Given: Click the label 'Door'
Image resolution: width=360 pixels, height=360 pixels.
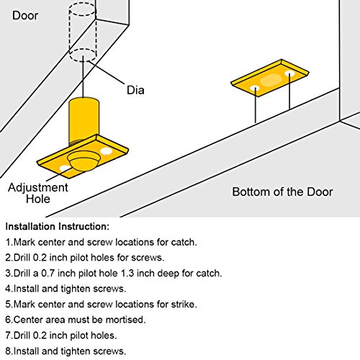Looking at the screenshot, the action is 25,16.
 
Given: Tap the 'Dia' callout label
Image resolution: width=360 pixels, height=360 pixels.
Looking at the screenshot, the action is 135,90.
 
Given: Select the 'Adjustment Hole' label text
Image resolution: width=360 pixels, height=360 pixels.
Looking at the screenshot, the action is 38,193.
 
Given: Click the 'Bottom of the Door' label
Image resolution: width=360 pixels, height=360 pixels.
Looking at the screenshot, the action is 282,192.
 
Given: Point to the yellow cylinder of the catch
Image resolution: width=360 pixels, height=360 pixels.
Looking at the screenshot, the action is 84,121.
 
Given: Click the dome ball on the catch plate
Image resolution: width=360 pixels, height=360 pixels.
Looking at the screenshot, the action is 84,161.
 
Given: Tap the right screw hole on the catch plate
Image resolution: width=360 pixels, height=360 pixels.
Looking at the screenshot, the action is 106,151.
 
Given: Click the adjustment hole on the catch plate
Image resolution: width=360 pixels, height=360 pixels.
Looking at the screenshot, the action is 65,168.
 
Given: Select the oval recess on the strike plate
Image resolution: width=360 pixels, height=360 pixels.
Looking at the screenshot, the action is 271,80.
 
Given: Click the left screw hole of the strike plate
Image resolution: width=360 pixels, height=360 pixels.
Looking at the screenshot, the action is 255,88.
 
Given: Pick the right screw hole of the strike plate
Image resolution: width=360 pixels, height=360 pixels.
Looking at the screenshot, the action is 289,73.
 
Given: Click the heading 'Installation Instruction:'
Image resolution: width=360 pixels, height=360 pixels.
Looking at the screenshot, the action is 58,227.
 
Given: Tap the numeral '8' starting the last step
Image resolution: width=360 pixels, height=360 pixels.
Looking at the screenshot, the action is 8,351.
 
